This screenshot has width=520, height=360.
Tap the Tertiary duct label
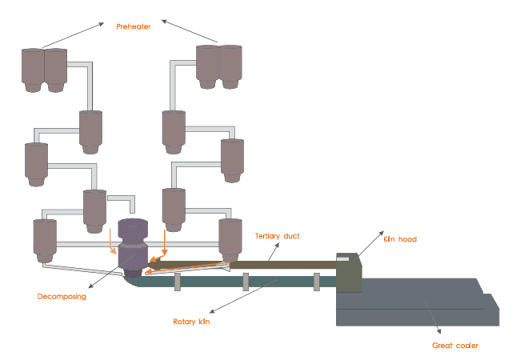(277, 236)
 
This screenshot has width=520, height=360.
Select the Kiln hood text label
(400, 239)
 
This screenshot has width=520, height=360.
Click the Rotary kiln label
(195, 322)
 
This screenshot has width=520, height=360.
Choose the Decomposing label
(62, 296)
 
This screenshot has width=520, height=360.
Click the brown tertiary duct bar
(280, 263)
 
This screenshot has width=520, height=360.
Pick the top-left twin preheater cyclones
(44, 70)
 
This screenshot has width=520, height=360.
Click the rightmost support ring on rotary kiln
(317, 281)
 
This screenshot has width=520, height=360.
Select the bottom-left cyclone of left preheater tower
(44, 240)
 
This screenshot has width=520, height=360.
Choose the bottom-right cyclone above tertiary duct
(230, 238)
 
